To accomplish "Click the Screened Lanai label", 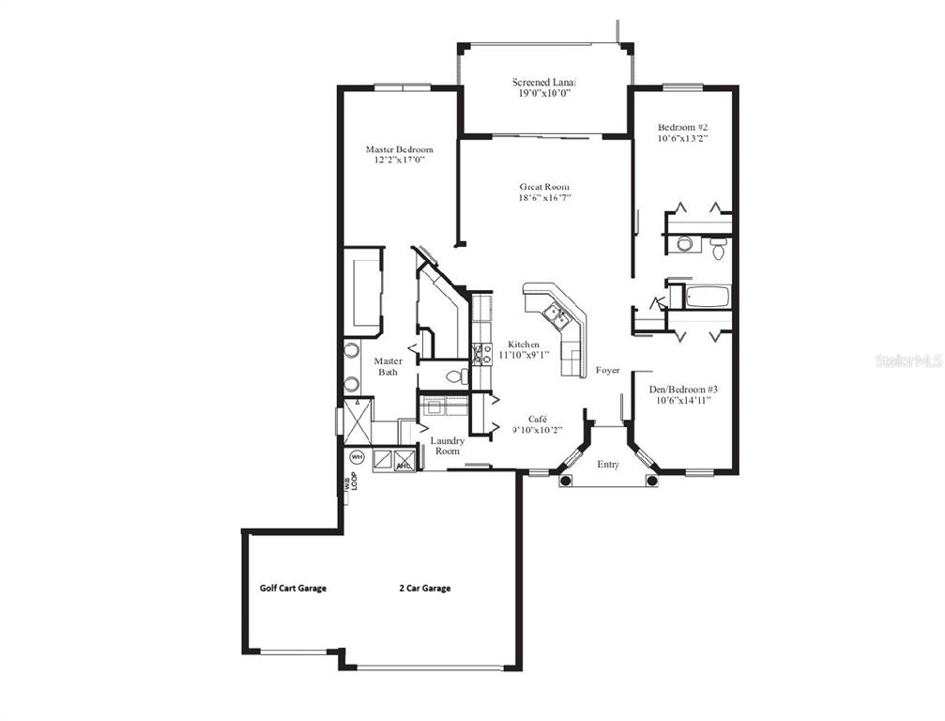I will pos(543,83).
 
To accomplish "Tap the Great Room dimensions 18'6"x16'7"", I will pos(544,198).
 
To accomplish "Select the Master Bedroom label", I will pos(399,149).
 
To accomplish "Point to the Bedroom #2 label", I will pos(681,127).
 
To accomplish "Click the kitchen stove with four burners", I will pos(481,353).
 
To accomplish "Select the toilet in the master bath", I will pos(456,376).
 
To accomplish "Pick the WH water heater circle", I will pos(357,457).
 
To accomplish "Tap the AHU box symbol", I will pos(404,461).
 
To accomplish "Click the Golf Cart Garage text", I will pos(293,589).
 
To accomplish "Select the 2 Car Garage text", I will pos(424,589).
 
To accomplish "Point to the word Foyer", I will pos(607,371).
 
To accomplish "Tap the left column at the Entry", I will pos(565,481).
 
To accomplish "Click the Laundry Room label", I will pos(447,446).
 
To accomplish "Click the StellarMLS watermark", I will pos(908,360).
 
